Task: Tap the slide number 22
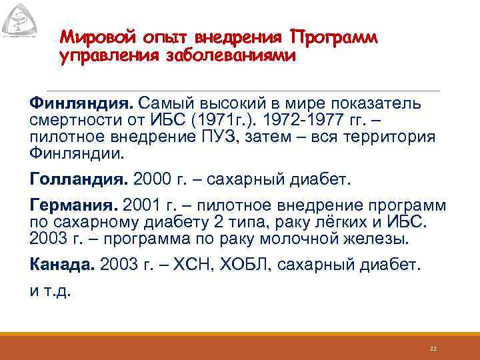tap(433, 348)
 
